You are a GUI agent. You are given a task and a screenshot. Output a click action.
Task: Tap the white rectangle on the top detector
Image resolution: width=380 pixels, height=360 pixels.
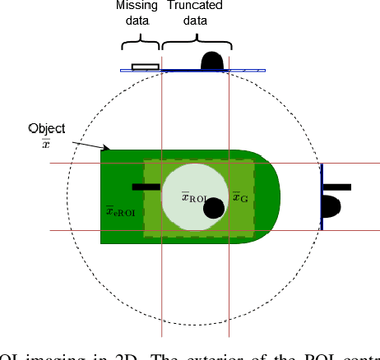[146, 66]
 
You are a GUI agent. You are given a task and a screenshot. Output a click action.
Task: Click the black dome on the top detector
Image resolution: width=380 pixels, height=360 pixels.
[211, 61]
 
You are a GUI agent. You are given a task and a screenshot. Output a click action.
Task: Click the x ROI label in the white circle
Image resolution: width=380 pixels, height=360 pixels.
[197, 196]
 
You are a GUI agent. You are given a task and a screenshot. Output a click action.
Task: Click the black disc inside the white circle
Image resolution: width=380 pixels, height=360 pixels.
[215, 208]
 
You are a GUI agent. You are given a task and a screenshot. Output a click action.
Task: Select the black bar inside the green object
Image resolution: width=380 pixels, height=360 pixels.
[146, 187]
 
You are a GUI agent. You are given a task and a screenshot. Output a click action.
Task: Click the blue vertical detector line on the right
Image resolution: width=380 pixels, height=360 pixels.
[321, 196]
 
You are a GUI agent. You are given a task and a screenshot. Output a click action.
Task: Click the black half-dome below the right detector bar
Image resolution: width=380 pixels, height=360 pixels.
[331, 207]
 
